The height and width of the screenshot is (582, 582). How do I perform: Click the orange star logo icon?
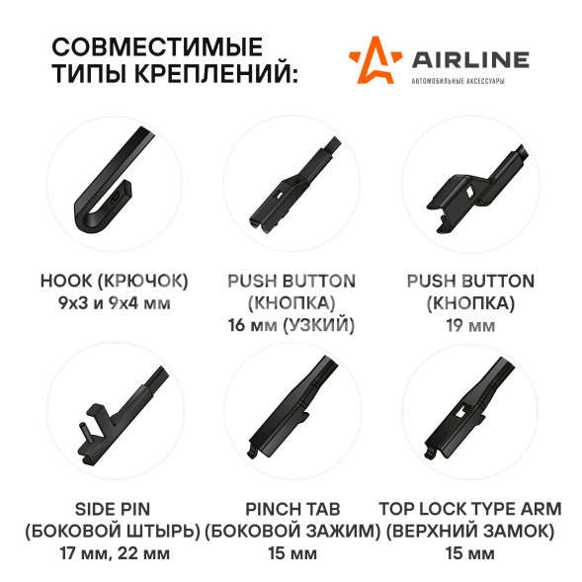click(375, 60)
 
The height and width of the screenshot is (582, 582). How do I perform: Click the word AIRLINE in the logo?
click(470, 59)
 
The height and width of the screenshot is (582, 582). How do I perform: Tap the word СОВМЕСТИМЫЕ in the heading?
click(157, 46)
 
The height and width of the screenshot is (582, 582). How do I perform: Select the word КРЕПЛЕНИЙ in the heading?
click(216, 72)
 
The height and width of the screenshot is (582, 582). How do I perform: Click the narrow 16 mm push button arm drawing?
click(293, 186)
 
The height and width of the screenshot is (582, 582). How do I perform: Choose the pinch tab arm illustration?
click(291, 408)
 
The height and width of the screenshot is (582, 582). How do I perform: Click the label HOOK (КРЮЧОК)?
click(114, 281)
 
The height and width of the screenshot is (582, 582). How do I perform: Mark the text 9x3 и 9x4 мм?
click(115, 303)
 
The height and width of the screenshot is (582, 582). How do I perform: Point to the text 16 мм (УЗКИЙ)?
click(291, 325)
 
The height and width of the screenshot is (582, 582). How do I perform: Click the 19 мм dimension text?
click(470, 325)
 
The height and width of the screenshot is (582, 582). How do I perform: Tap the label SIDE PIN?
click(113, 509)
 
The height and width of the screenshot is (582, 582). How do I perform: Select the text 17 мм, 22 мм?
click(115, 553)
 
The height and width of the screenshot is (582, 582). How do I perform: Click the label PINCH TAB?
click(292, 509)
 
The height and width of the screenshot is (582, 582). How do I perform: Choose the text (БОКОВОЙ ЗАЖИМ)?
click(292, 532)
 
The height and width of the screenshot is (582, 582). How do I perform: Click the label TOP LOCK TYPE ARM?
click(470, 509)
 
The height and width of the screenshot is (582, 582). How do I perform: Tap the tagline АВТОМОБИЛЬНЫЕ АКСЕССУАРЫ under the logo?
click(458, 81)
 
